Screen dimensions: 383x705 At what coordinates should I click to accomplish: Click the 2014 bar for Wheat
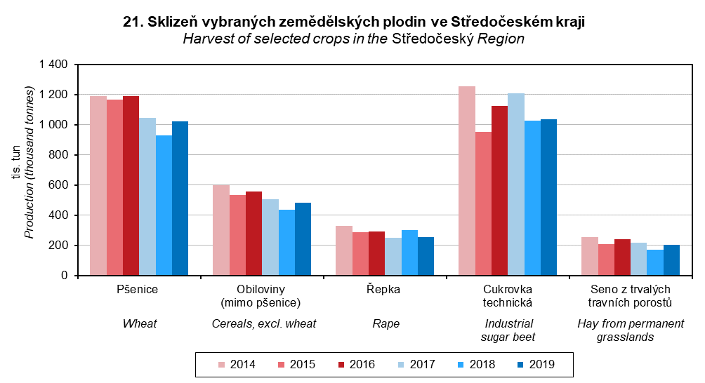click(x=98, y=186)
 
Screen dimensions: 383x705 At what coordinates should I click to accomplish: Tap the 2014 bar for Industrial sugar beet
click(x=467, y=181)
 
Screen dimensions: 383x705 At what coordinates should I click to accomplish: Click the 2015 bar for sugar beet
click(x=483, y=203)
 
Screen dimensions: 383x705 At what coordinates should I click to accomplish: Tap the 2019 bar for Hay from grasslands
click(x=672, y=260)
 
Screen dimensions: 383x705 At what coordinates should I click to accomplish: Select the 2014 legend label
click(x=242, y=364)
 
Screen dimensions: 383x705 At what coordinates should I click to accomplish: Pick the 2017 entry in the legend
click(x=422, y=364)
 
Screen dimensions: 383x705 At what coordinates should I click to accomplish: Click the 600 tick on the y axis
click(x=58, y=185)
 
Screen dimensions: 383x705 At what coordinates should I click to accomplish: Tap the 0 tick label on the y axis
click(x=64, y=276)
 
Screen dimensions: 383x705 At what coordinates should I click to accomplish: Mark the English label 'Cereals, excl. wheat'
click(x=264, y=323)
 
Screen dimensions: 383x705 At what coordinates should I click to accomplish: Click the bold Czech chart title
click(x=353, y=22)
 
